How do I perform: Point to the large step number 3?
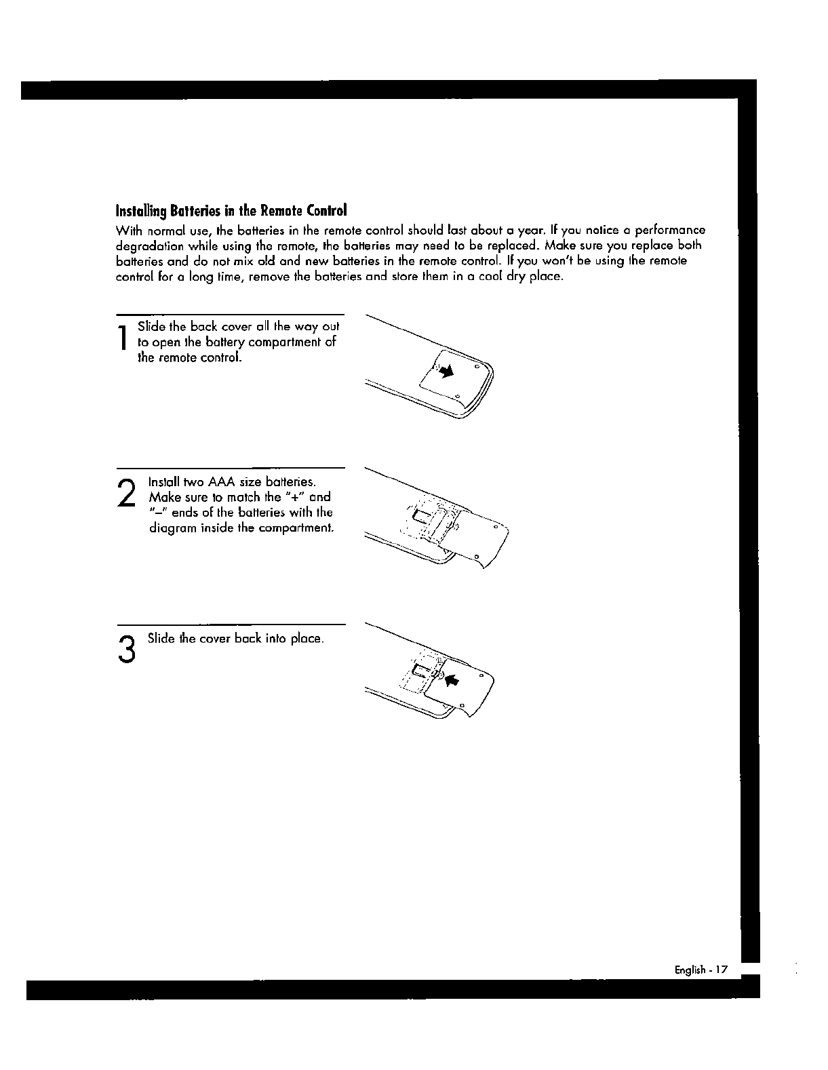tap(125, 650)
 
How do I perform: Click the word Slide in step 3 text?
tap(161, 639)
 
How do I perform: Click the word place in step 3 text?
tap(306, 639)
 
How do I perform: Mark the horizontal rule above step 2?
tap(231, 468)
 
